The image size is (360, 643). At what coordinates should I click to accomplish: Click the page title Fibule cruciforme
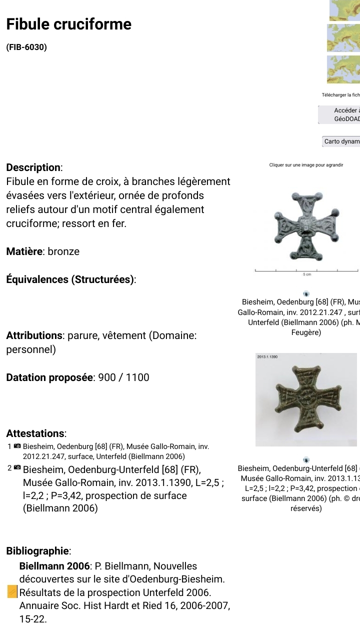pyautogui.click(x=68, y=24)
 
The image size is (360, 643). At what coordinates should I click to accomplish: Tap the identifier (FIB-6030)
pyautogui.click(x=26, y=47)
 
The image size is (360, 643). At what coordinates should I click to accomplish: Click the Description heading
pyautogui.click(x=33, y=167)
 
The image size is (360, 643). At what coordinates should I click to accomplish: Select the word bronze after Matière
pyautogui.click(x=63, y=251)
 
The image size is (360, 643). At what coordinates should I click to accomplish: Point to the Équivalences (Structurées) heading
pyautogui.click(x=71, y=279)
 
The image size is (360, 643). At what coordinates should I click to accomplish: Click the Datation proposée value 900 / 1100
pyautogui.click(x=123, y=377)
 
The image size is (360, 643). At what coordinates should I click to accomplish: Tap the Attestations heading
pyautogui.click(x=36, y=433)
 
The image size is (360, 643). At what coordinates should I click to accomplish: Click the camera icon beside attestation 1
pyautogui.click(x=17, y=446)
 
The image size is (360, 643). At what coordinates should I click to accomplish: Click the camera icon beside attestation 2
pyautogui.click(x=17, y=468)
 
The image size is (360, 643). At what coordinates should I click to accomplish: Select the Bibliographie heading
pyautogui.click(x=38, y=551)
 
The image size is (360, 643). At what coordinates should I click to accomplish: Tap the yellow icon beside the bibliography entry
pyautogui.click(x=12, y=592)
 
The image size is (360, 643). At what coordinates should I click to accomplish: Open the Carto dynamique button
pyautogui.click(x=341, y=141)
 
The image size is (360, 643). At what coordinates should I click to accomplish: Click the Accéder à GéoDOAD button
pyautogui.click(x=340, y=114)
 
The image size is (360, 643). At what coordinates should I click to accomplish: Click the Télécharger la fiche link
pyautogui.click(x=340, y=95)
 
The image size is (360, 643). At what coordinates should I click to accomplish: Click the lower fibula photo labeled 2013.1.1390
pyautogui.click(x=306, y=400)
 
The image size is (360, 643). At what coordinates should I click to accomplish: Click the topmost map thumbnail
pyautogui.click(x=344, y=10)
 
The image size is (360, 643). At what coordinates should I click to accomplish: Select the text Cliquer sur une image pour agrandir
pyautogui.click(x=306, y=165)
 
